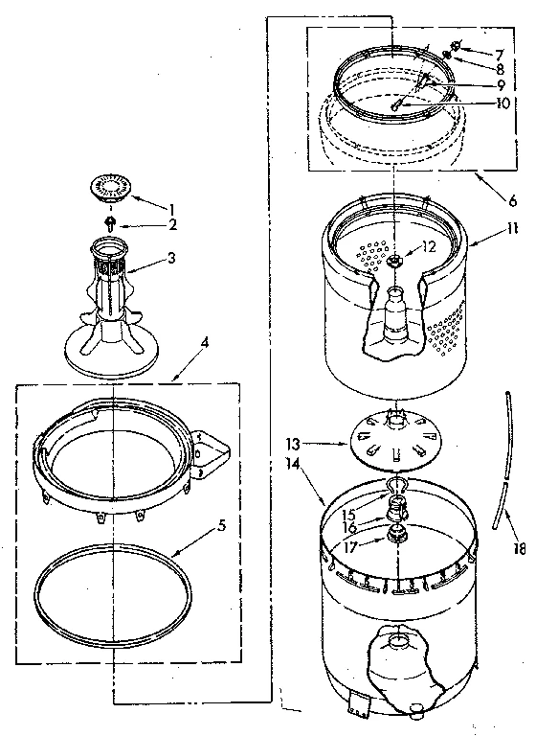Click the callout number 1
tap(172, 209)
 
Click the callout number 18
tap(519, 549)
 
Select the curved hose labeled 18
tap(501, 460)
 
